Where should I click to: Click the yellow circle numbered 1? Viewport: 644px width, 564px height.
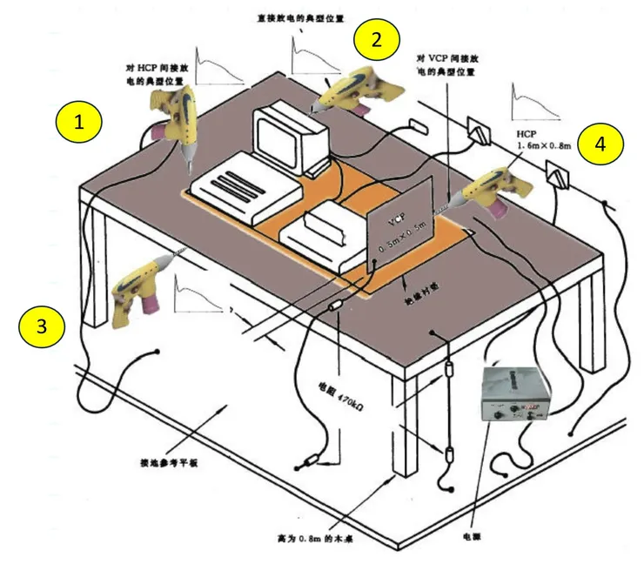pos(80,123)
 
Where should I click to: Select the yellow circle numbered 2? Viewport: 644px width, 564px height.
pos(376,39)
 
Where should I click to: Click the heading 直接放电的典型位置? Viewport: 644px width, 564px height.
pos(296,17)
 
